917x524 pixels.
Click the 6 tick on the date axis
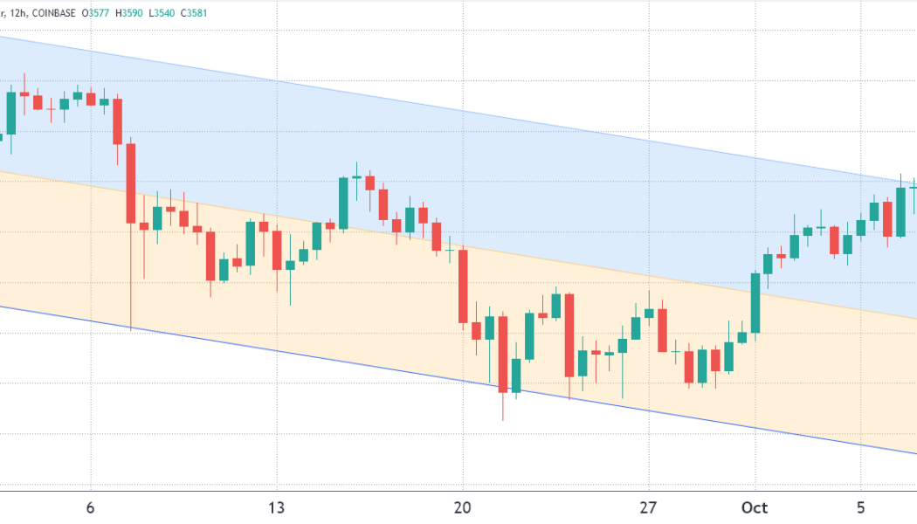90,507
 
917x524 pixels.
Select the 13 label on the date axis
277,507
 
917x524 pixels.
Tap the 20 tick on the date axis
463,507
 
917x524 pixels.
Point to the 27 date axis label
648,507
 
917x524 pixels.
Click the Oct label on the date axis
755,507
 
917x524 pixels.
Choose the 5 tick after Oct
860,507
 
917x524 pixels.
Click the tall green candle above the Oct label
755,302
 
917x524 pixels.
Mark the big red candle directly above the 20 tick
463,286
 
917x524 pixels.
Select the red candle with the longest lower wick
131,183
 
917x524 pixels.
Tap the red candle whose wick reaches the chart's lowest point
503,354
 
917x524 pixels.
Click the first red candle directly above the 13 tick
277,250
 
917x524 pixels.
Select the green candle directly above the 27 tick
648,313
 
